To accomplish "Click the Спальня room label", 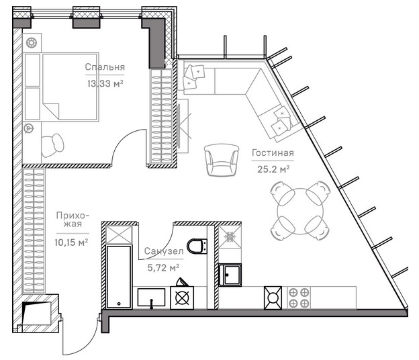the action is coord(105,66).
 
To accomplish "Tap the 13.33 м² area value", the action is coord(105,83).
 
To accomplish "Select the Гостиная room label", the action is coord(273,153).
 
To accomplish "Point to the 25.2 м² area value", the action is coord(273,169).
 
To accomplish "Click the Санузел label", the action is coord(164,251).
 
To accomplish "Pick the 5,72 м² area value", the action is coord(163,267).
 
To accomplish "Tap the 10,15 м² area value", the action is coord(71,242).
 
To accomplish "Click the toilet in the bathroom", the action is coord(197,246).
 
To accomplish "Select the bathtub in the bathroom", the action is coord(119,277).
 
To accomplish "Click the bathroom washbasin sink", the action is coord(151,297).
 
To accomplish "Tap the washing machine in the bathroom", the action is coord(182,298).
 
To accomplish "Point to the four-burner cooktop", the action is coord(299,298).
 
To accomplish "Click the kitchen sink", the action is coord(230,275).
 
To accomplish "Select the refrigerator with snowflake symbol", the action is coord(230,237).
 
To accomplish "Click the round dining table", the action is coord(300,211).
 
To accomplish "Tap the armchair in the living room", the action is coord(222,160).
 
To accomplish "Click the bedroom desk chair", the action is coord(52,145).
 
